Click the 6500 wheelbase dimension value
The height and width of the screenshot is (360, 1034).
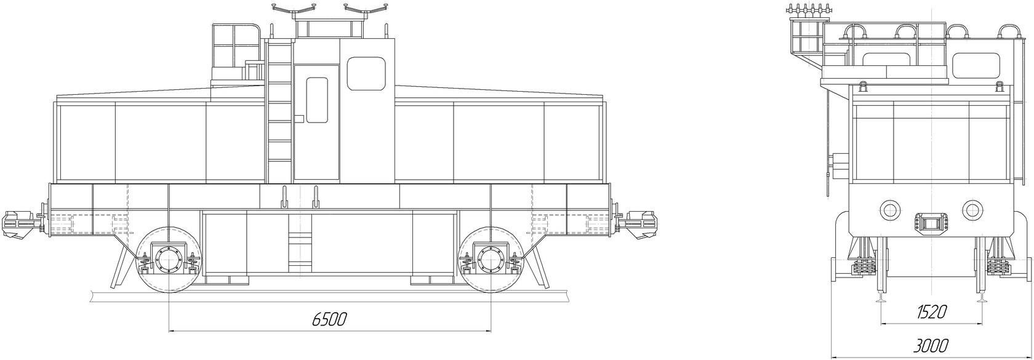329,319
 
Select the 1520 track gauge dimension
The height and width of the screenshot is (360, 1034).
932,313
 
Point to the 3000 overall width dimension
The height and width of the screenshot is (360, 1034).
931,345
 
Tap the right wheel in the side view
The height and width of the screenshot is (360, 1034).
491,260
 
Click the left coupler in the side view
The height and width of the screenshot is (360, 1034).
21,225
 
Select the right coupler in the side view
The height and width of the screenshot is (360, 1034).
637,225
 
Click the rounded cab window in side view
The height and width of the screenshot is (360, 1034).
366,73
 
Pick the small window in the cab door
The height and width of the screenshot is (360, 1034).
316,100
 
